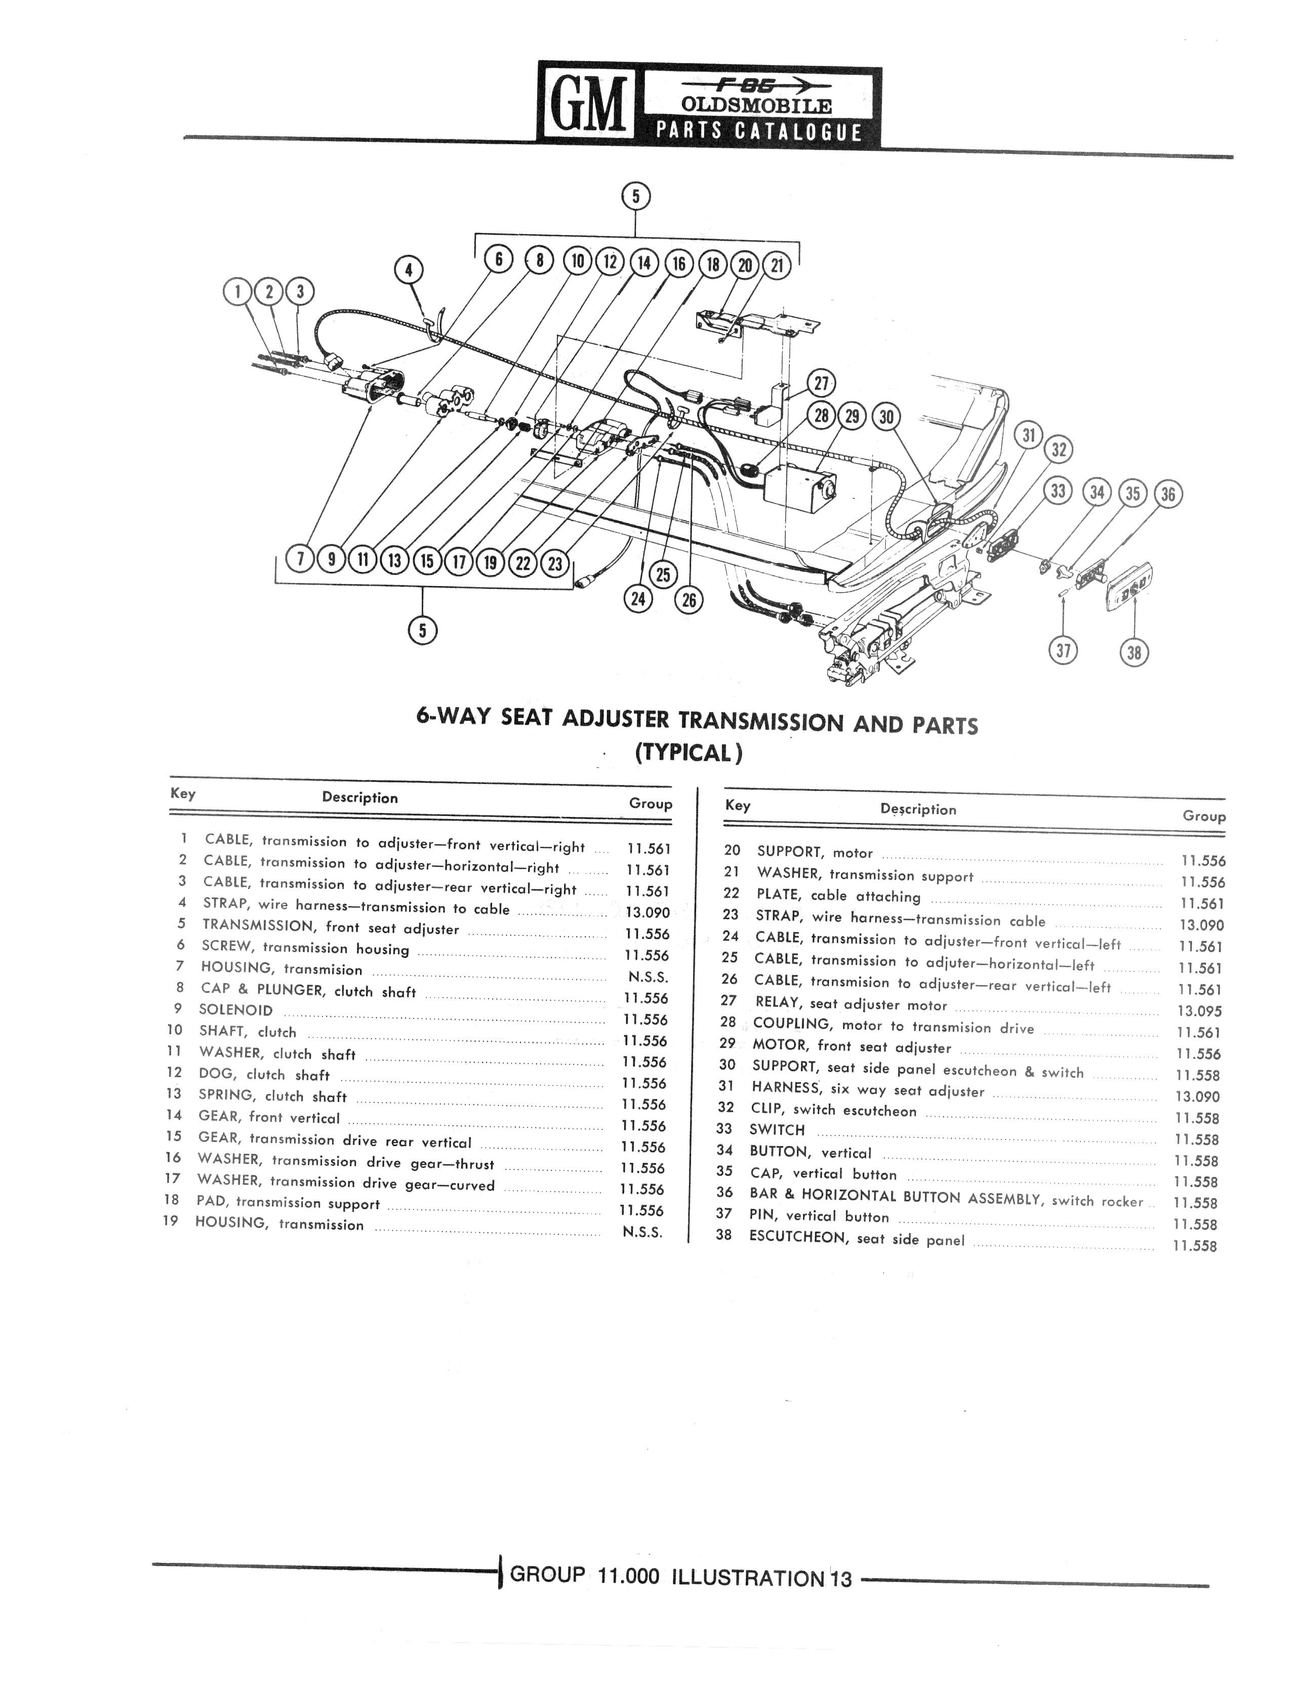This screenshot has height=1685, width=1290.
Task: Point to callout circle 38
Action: [1134, 653]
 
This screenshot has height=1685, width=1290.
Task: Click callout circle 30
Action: [887, 416]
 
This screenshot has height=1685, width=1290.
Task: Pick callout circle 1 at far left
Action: [238, 292]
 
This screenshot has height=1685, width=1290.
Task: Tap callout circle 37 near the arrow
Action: [1063, 651]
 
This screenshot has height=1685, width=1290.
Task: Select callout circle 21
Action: [777, 266]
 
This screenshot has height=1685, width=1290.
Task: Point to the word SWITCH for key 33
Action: [777, 1130]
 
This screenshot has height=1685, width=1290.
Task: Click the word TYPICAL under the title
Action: [689, 753]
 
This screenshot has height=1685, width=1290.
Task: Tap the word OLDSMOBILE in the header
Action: [757, 105]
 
